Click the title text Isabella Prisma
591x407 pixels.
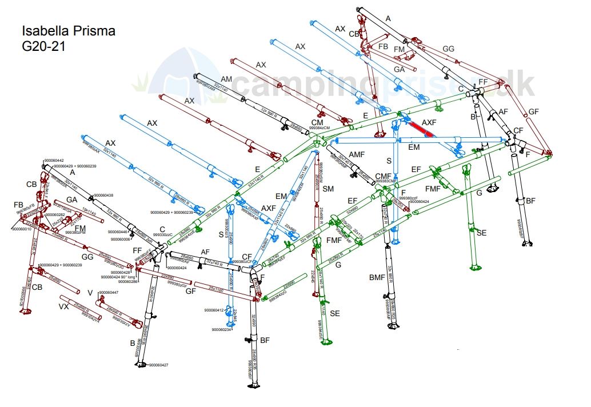tap(68, 31)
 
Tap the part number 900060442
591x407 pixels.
tap(54, 161)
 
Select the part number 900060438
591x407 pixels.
tap(103, 195)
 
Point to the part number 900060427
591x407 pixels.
tap(158, 365)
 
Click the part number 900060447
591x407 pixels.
tap(109, 293)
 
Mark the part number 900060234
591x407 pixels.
tap(222, 330)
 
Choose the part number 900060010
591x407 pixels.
tap(22, 229)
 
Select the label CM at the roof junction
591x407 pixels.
tap(317, 122)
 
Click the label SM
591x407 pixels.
tap(328, 189)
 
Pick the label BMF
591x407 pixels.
tap(377, 277)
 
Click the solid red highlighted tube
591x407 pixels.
tap(420, 130)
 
